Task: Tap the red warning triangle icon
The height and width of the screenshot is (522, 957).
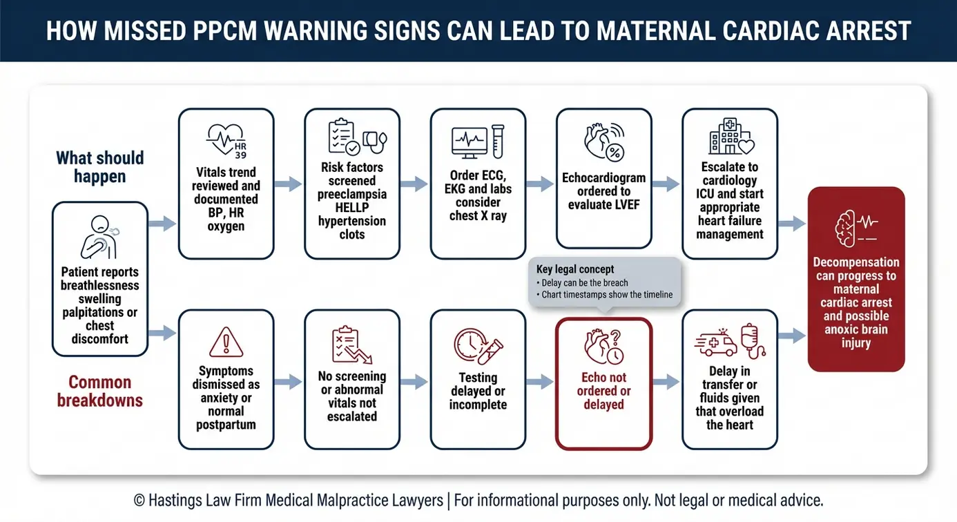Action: tap(226, 342)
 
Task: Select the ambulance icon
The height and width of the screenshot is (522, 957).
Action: tap(716, 343)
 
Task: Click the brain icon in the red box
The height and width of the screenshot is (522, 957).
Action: tap(845, 228)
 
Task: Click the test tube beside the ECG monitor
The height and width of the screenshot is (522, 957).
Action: tap(498, 142)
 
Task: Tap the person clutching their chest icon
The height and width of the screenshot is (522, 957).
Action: tap(100, 237)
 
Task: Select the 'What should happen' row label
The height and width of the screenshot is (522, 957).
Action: tap(100, 166)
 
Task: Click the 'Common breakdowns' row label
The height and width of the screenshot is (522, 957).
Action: tap(100, 391)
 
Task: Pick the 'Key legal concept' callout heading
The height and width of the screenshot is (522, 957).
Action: tap(575, 269)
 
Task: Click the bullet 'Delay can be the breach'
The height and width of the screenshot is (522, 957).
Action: tap(582, 283)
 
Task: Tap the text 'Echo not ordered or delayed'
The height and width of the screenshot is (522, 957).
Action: tap(603, 390)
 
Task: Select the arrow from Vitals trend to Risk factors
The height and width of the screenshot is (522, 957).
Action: tap(289, 184)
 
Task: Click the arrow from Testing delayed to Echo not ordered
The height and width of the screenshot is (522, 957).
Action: tap(540, 381)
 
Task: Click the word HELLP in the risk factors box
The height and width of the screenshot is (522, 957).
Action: tap(352, 208)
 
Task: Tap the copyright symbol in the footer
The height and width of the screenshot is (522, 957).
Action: tap(139, 500)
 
